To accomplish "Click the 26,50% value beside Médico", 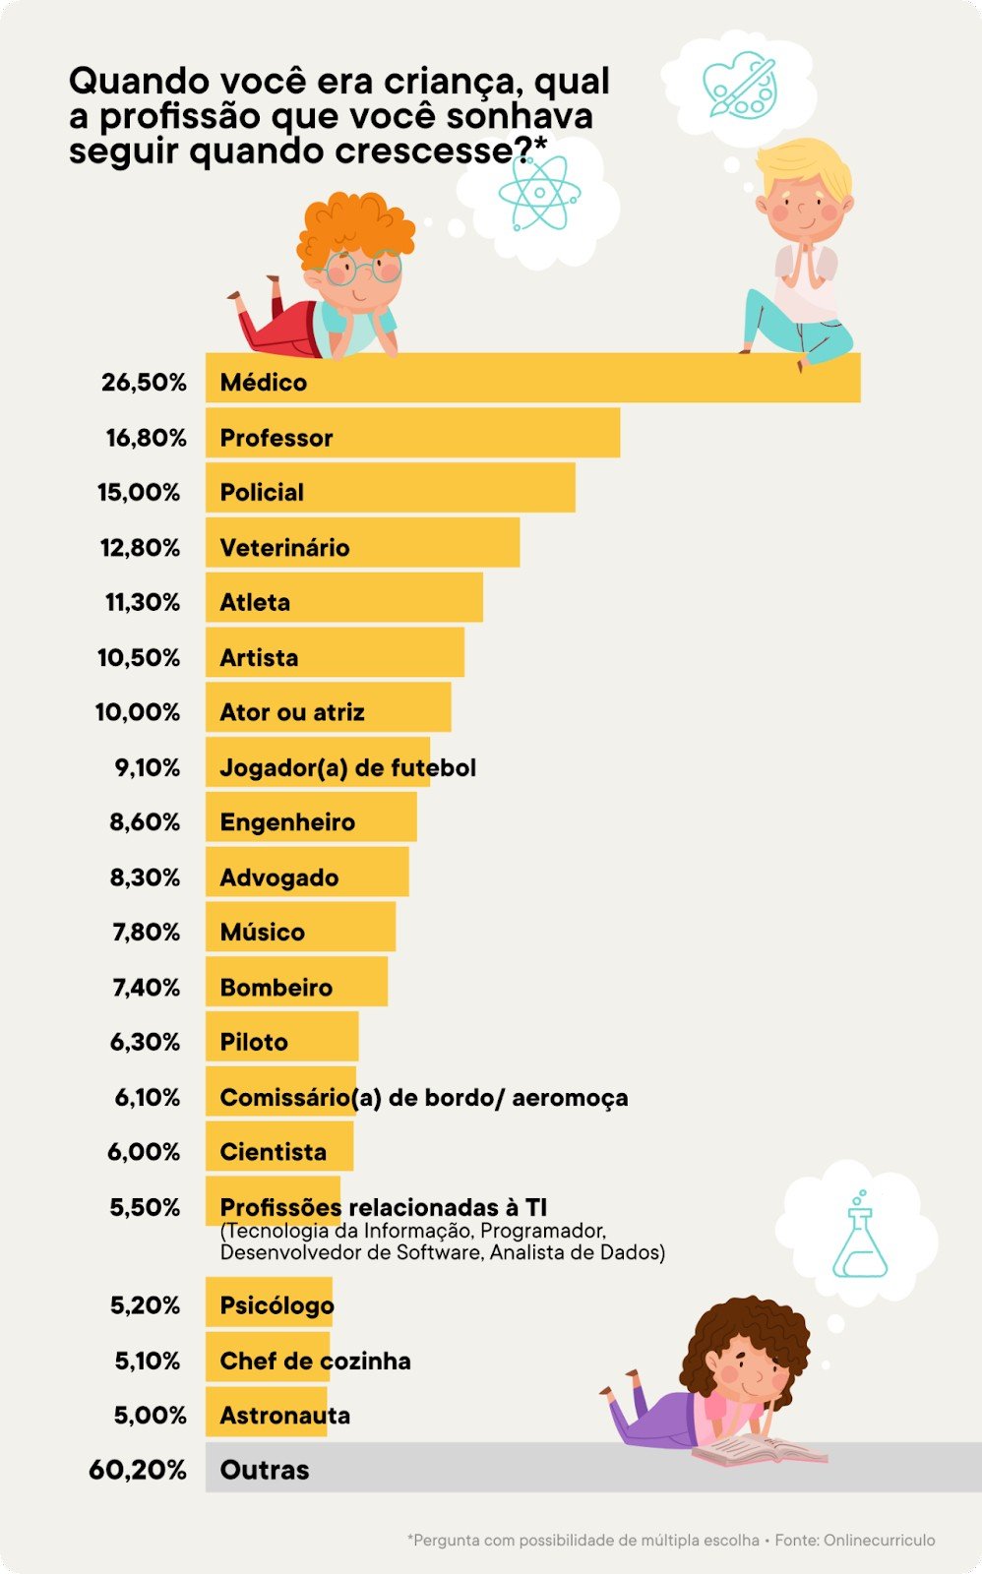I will [144, 383].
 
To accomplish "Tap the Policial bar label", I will [262, 492].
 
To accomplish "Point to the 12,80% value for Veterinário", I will [141, 548].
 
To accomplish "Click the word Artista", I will [259, 657].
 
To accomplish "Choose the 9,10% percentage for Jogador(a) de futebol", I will [148, 767].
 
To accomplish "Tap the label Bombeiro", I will [276, 987].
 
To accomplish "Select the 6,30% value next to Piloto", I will [145, 1042].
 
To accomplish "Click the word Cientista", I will [273, 1152].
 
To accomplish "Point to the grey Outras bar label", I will [265, 1470].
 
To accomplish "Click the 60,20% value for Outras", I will [137, 1470].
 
